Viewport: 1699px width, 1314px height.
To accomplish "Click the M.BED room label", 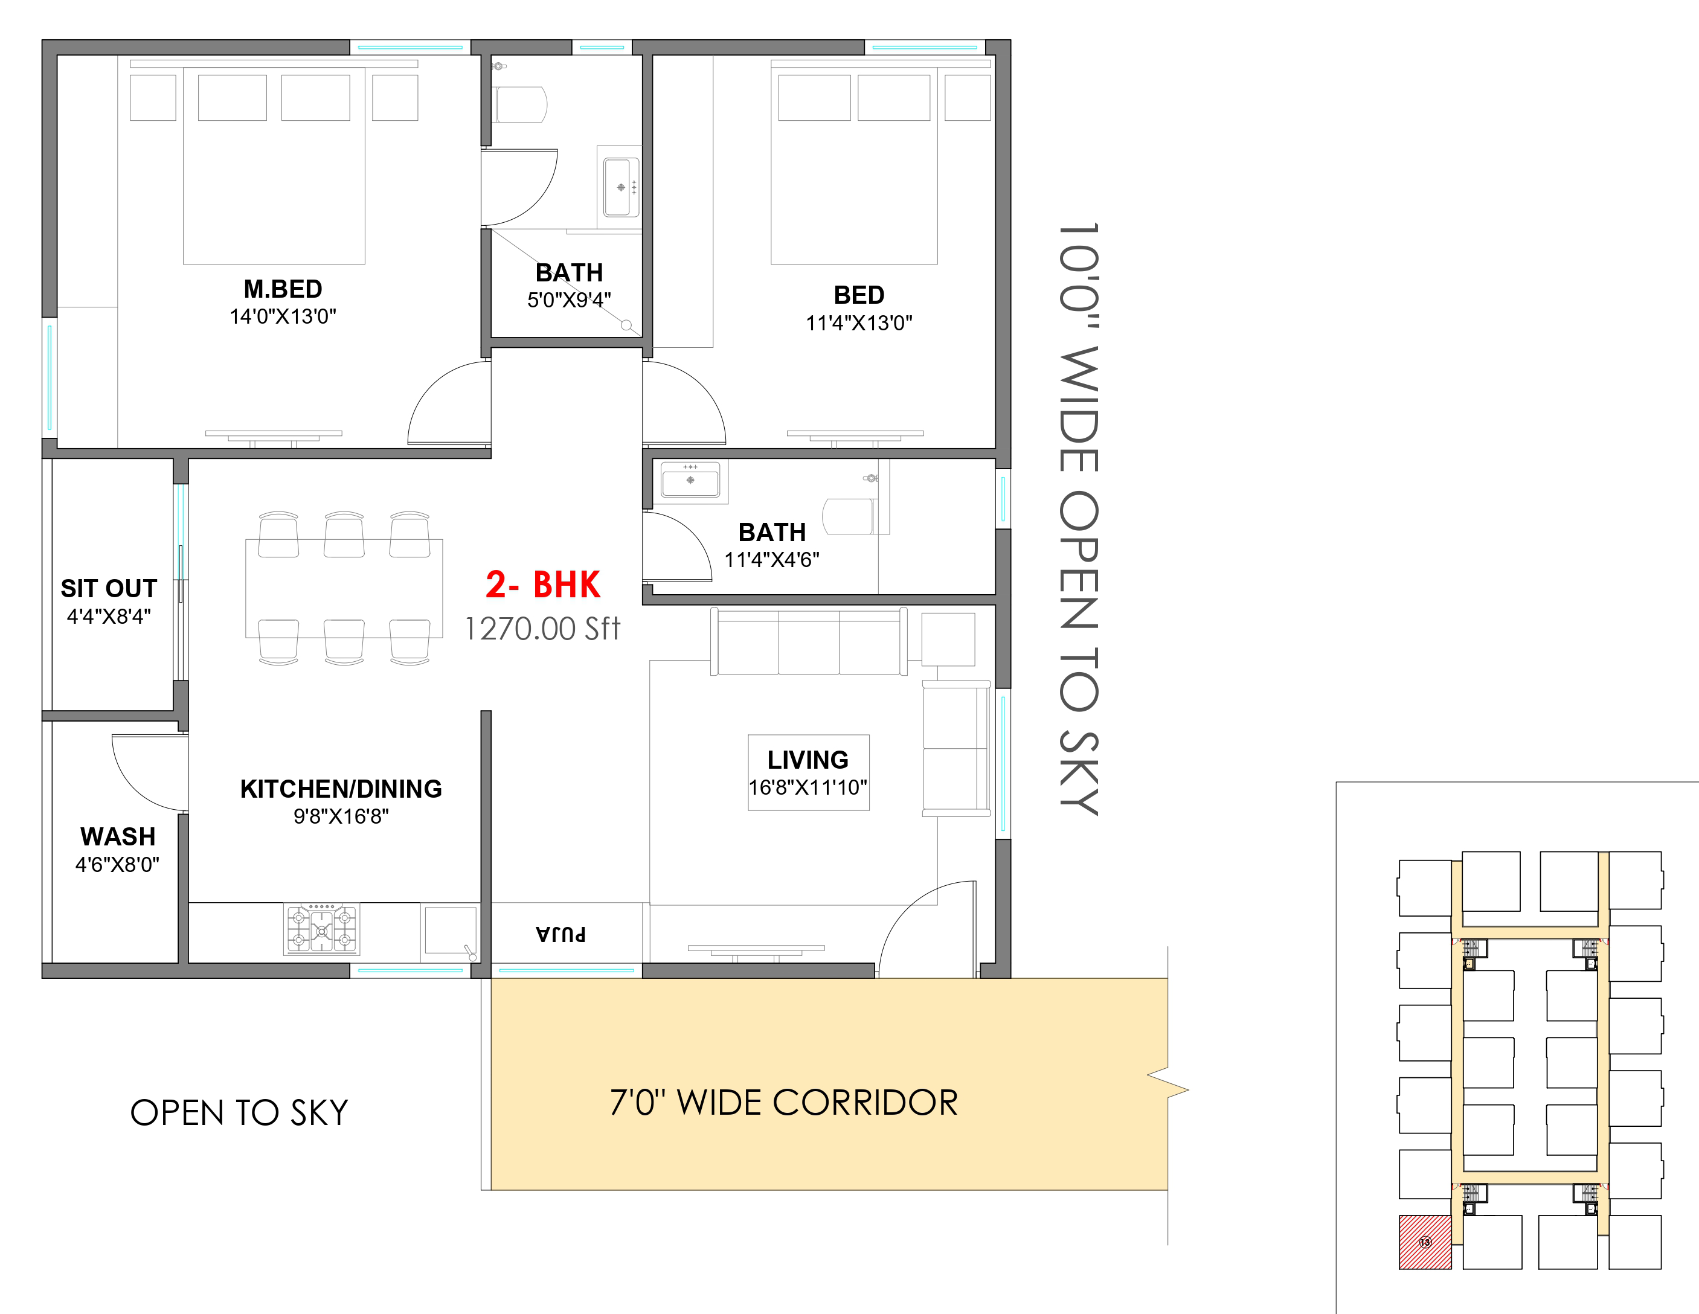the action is click(283, 289).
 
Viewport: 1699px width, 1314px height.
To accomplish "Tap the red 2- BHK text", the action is click(543, 585).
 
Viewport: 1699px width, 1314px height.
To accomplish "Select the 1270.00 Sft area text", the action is click(542, 629).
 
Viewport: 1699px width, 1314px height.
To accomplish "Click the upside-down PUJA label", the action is click(561, 934).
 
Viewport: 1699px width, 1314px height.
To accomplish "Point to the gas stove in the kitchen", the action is click(322, 928).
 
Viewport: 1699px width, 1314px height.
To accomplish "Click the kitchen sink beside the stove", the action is click(451, 931).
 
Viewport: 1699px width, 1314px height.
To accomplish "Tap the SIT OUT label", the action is click(109, 588).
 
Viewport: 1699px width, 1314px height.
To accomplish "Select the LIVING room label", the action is click(808, 759).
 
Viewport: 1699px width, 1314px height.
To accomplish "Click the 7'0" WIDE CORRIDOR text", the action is click(784, 1103).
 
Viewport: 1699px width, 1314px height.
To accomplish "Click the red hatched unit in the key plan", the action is click(1425, 1242).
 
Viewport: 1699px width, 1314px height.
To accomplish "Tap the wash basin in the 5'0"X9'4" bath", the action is click(620, 187).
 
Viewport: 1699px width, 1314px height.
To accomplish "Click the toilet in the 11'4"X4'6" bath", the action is click(849, 516).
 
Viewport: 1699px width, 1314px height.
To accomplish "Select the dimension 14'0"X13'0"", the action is click(283, 316).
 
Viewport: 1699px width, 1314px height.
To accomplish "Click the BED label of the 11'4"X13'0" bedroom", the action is click(859, 295).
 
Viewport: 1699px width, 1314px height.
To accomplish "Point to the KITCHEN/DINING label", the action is click(341, 789).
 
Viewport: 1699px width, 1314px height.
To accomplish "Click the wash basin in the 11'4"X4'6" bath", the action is click(690, 479).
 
